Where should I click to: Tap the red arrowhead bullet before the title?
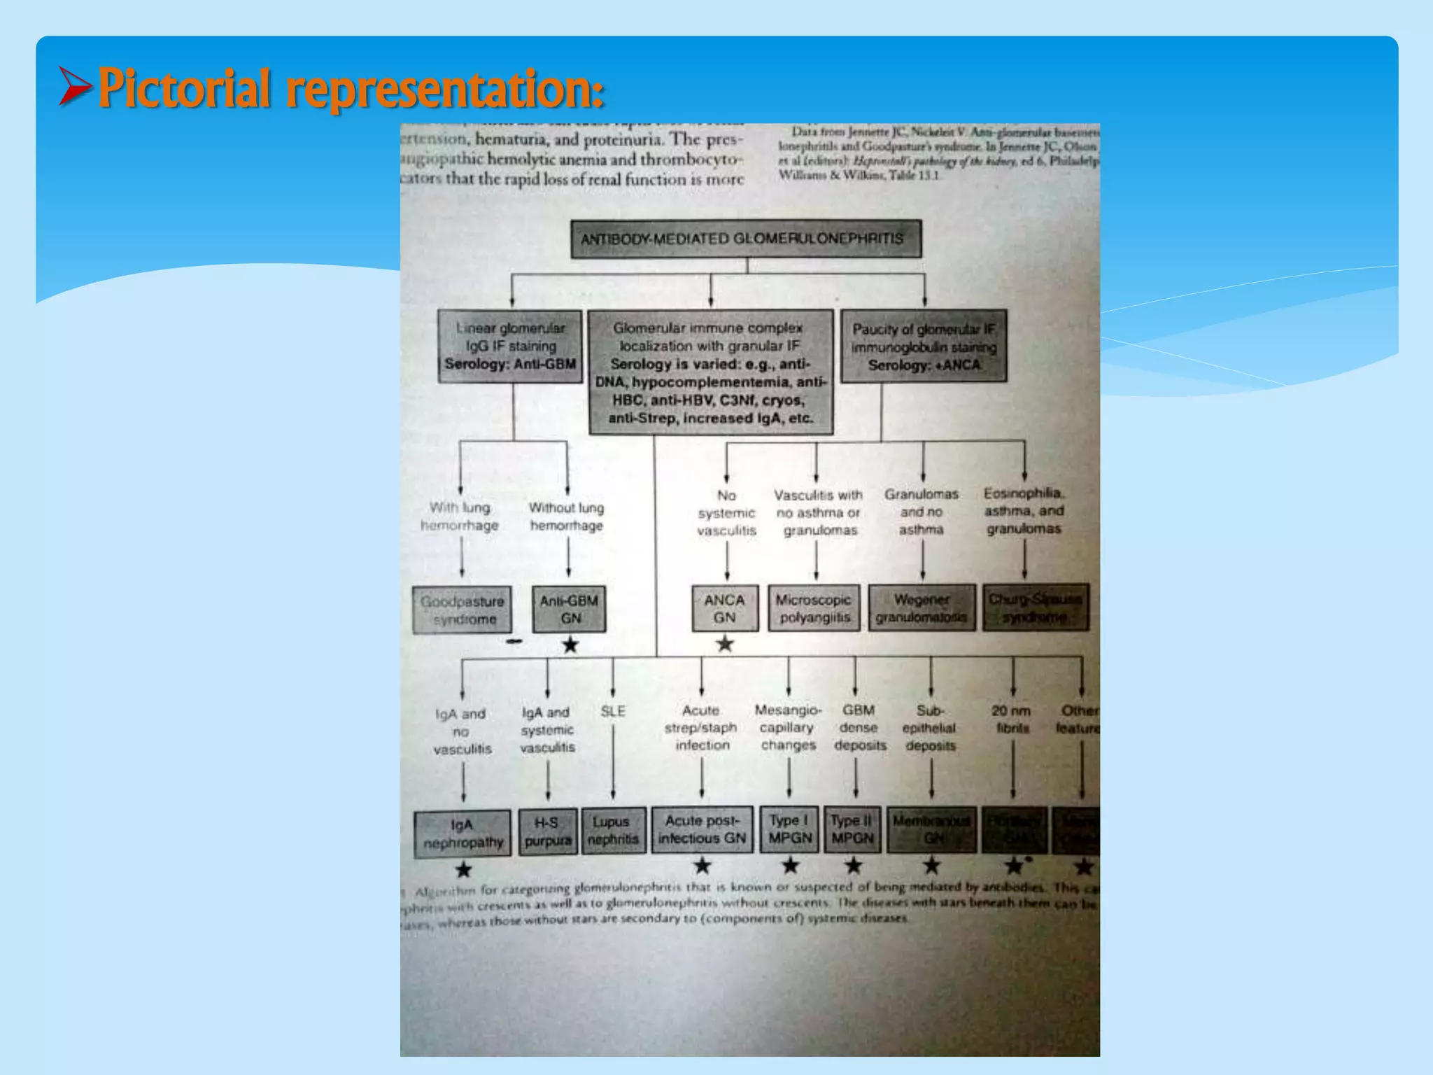[75, 86]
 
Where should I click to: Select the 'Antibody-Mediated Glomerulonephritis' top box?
[746, 239]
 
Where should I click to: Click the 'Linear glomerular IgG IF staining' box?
[510, 346]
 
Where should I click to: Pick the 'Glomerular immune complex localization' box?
[711, 372]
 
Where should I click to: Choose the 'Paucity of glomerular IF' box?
[924, 346]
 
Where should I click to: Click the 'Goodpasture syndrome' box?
[462, 610]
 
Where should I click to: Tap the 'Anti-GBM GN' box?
[569, 610]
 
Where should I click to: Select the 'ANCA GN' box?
[725, 609]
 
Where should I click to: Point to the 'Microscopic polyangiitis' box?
[814, 609]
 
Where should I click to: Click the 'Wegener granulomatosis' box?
[922, 609]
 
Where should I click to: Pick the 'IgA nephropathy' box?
[462, 833]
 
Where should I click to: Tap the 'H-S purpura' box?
[548, 831]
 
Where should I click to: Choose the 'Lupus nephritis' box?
[612, 831]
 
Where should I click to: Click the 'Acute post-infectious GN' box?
[702, 830]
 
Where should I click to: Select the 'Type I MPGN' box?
[789, 830]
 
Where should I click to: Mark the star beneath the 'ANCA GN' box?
[725, 644]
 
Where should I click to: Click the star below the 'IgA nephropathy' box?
[463, 870]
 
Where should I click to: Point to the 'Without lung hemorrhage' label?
[567, 517]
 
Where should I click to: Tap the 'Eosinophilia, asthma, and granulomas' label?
[1024, 511]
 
